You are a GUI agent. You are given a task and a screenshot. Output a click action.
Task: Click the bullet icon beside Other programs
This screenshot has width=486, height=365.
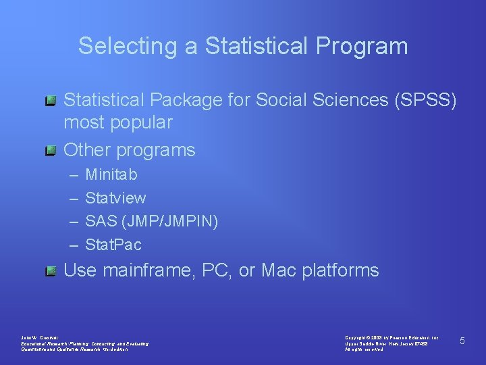tap(51, 150)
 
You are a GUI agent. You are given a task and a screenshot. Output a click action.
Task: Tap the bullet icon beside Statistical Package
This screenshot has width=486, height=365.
tap(51, 101)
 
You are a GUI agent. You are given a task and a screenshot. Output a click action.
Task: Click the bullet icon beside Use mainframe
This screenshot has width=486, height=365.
tap(51, 271)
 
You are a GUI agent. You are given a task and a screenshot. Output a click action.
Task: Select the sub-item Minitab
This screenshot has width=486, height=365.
tap(111, 174)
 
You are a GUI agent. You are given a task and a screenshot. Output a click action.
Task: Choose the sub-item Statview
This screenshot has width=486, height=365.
tap(115, 198)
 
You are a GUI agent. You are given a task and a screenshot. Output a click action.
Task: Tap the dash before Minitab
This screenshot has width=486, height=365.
tap(72, 175)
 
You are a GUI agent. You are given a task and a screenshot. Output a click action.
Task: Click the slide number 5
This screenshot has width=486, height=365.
tap(462, 341)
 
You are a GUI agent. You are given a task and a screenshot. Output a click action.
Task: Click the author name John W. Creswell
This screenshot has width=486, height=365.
tap(41, 337)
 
